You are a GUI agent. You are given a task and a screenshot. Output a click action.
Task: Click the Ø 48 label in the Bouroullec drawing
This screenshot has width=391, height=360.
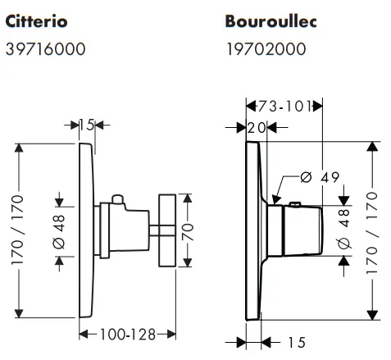click(343, 230)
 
